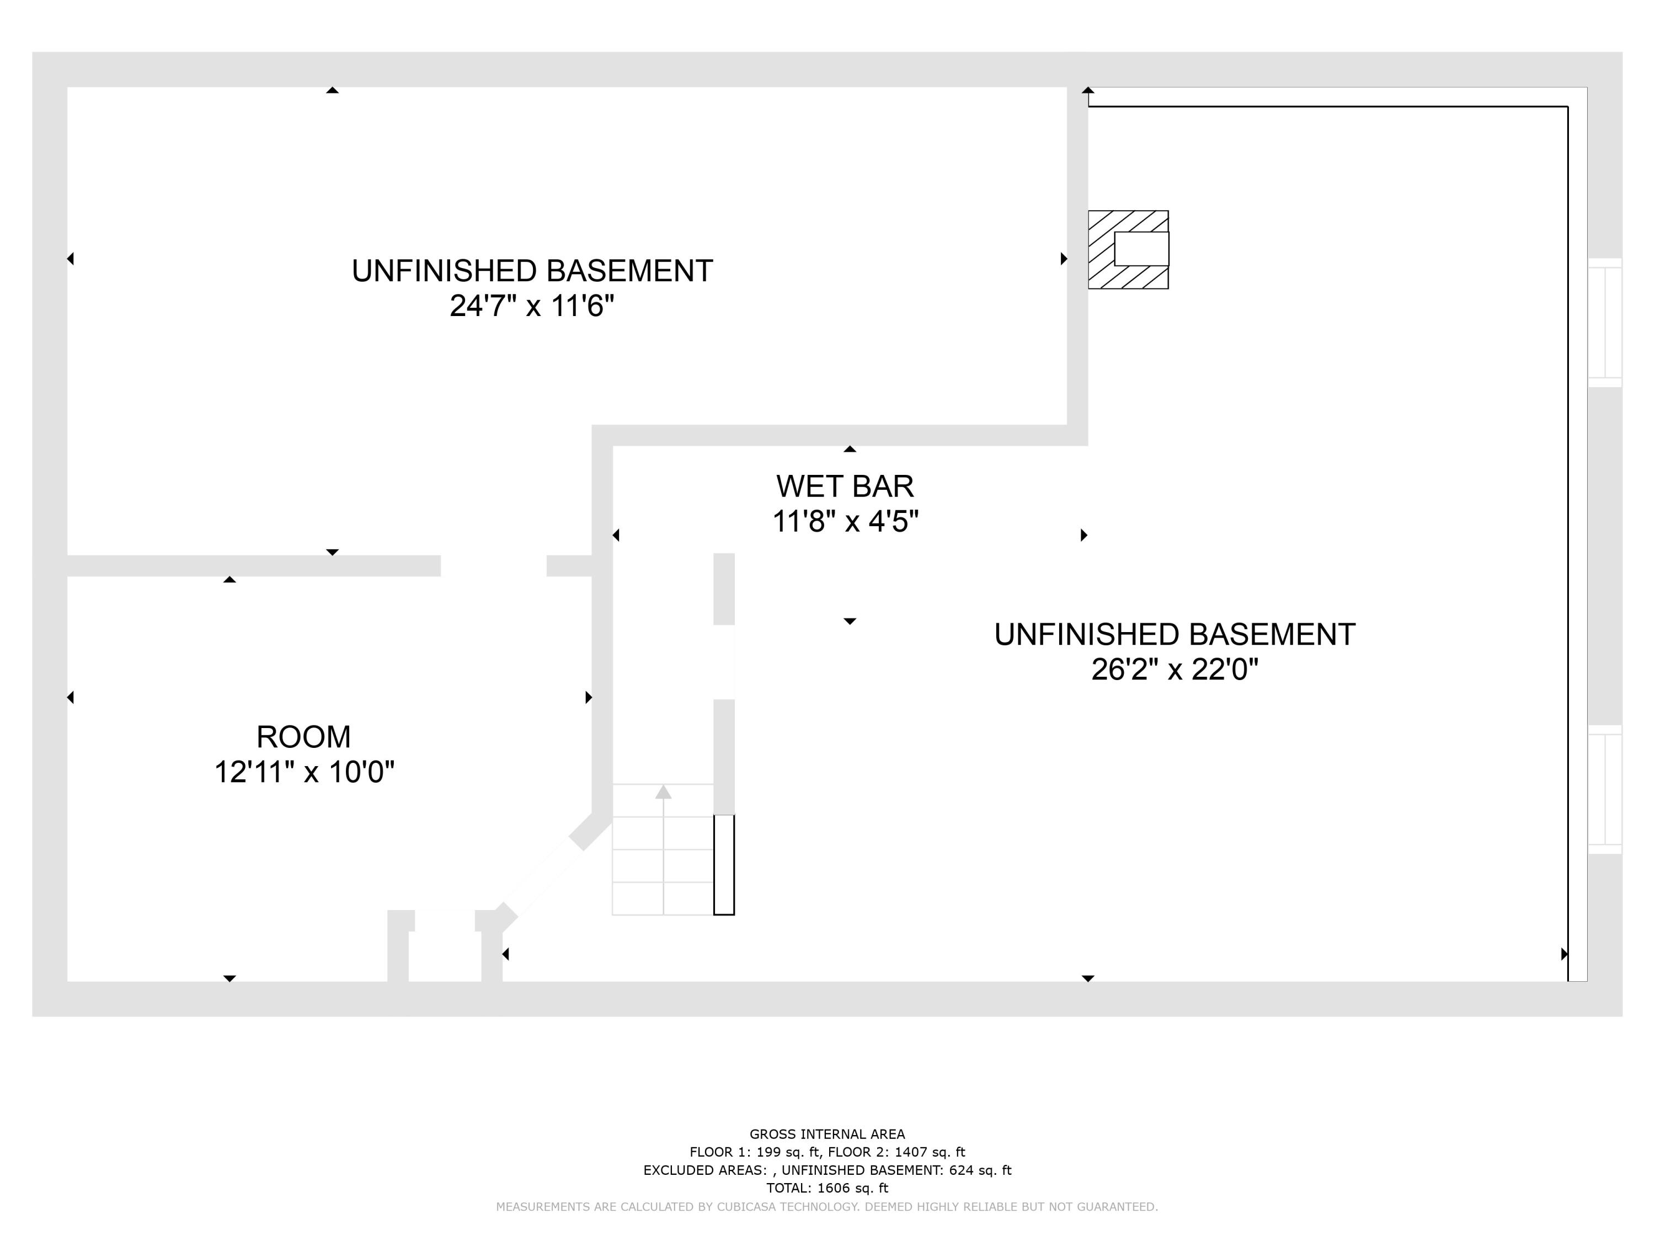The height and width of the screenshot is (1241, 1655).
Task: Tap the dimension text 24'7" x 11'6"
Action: [x=531, y=306]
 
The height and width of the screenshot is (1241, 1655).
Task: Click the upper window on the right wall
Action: [x=1604, y=323]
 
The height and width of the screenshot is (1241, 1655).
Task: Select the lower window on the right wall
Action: [x=1604, y=789]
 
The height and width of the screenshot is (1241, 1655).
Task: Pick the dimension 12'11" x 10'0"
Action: [x=304, y=772]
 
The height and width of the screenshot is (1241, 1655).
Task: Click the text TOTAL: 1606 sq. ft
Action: [x=827, y=1188]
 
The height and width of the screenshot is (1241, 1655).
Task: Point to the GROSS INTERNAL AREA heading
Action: [x=827, y=1134]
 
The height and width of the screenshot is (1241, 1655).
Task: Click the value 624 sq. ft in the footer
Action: [x=980, y=1170]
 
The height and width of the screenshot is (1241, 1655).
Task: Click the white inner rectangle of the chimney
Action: [x=1141, y=248]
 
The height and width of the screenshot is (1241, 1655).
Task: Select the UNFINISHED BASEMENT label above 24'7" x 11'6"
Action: [x=531, y=271]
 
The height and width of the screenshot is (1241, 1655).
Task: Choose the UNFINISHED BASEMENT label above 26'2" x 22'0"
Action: [x=1174, y=634]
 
